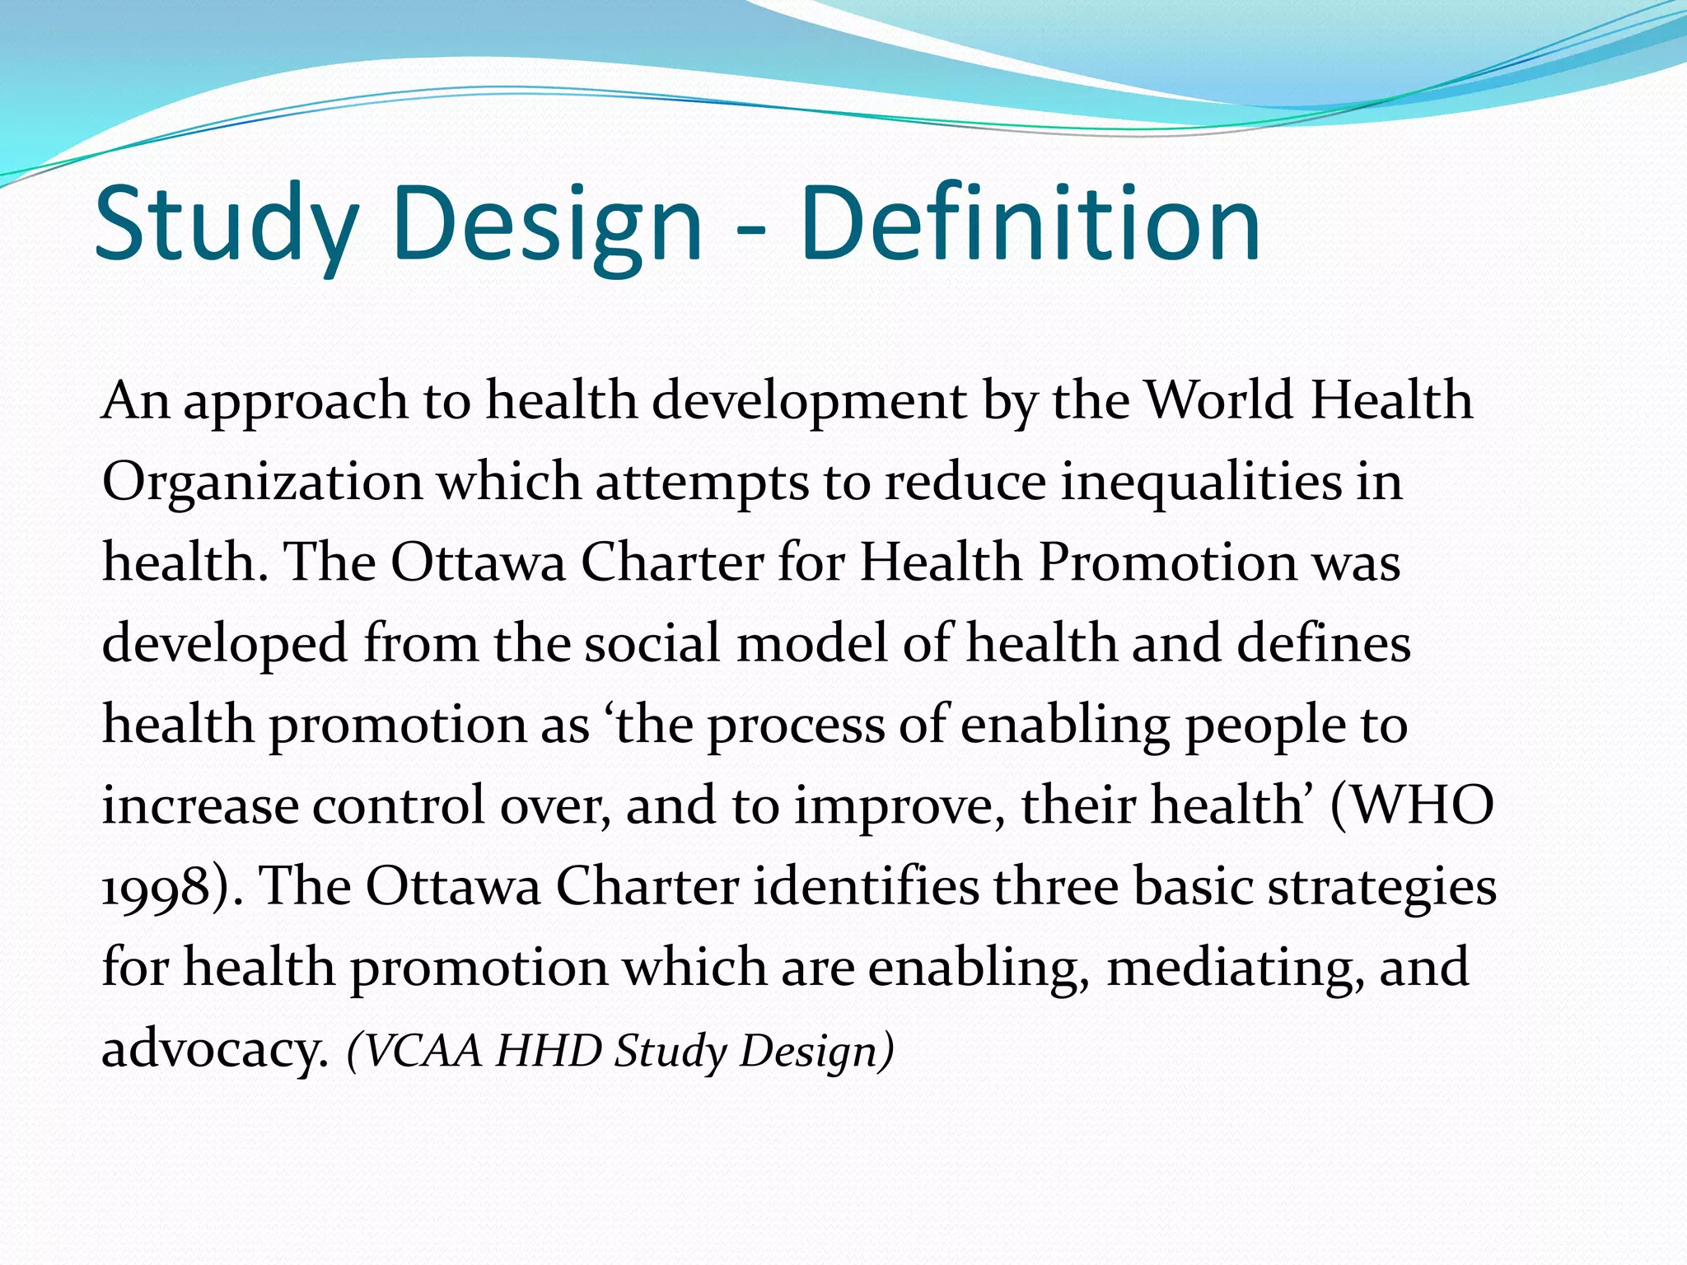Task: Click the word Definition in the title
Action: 1030,224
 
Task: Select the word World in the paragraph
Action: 1220,401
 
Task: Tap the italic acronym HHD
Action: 549,1051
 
